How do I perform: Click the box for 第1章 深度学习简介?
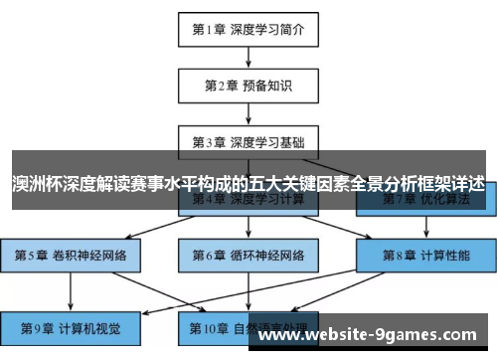point(248,29)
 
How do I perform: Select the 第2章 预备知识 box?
point(248,85)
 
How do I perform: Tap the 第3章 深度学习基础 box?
point(248,140)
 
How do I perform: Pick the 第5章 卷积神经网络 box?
point(71,255)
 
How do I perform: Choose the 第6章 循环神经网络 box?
point(248,255)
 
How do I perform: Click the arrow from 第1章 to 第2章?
point(248,57)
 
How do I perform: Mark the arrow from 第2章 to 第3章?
point(248,112)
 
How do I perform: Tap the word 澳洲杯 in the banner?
point(34,184)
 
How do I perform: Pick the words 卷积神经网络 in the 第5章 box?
point(89,255)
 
